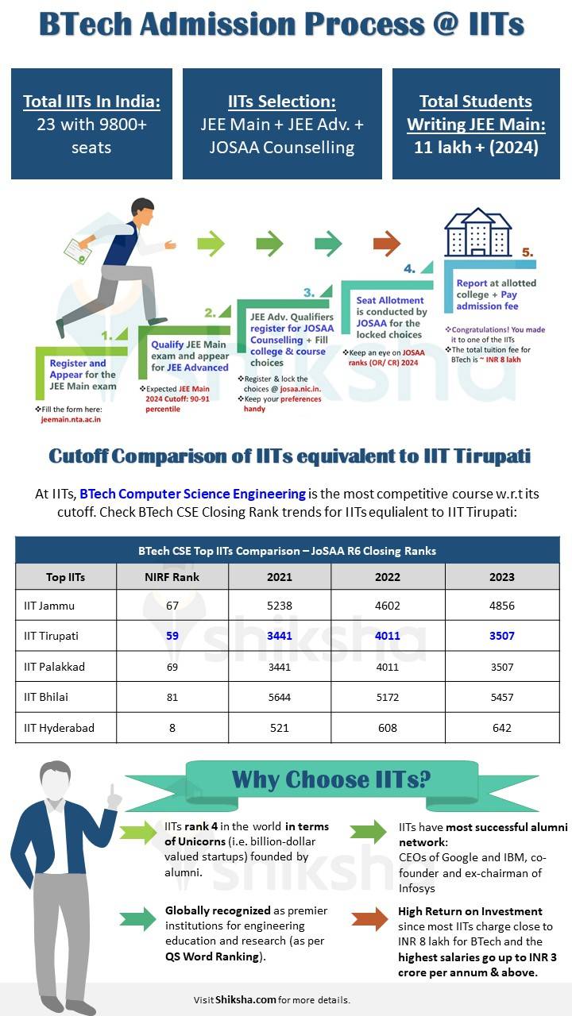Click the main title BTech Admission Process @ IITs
click(x=281, y=25)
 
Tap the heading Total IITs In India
click(x=91, y=102)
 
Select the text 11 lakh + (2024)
click(x=476, y=148)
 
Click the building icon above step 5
click(x=477, y=231)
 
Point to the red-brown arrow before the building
click(x=387, y=243)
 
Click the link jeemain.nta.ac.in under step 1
click(x=71, y=418)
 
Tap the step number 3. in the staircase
click(x=309, y=292)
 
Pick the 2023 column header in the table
click(x=501, y=577)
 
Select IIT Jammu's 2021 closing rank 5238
click(x=279, y=606)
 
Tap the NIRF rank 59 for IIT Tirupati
click(x=172, y=636)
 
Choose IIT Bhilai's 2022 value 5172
click(x=388, y=697)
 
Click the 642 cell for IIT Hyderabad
click(x=501, y=728)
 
